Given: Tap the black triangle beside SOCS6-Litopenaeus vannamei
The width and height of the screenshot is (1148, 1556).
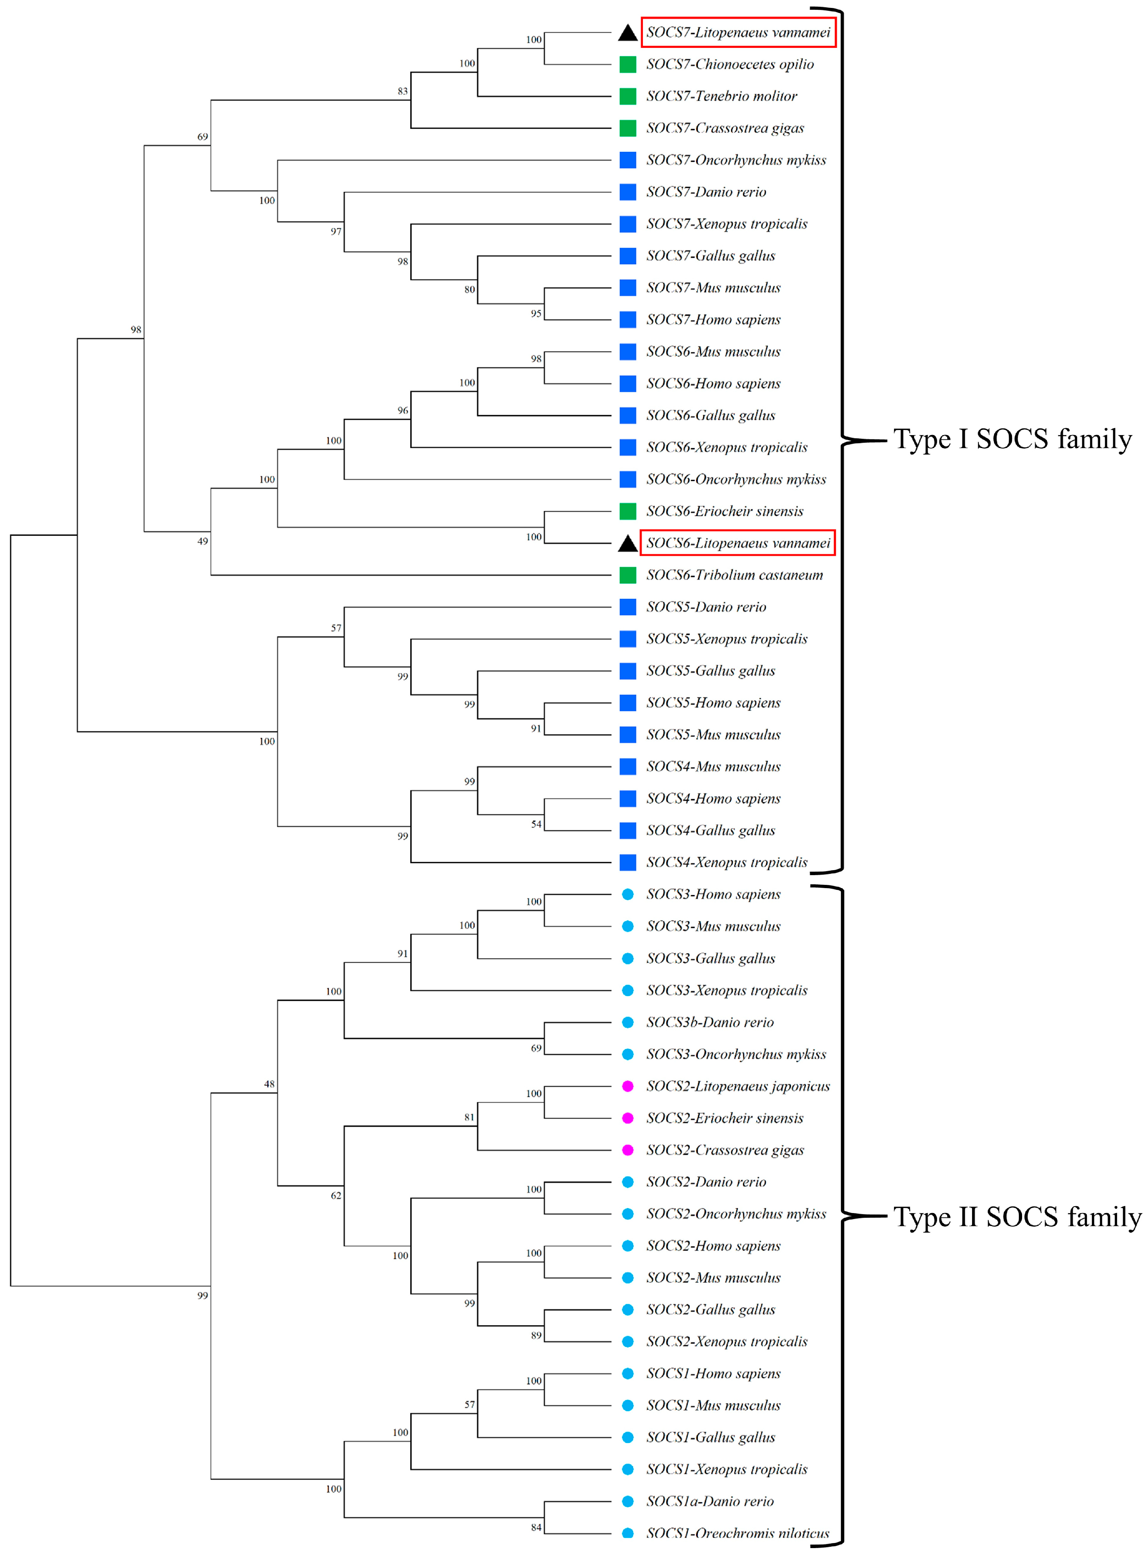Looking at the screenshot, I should point(627,543).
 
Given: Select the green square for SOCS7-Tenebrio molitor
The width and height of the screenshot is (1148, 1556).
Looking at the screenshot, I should point(627,96).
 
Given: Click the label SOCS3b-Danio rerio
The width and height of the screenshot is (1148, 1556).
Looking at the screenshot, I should point(709,1022).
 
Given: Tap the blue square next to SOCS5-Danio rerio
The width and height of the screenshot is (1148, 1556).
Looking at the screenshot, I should point(627,607).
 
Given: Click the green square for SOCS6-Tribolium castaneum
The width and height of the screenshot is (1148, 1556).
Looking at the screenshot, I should point(627,575).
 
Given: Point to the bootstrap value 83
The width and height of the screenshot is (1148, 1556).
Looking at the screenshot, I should point(402,91).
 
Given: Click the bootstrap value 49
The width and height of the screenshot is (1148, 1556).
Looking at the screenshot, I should point(202,541).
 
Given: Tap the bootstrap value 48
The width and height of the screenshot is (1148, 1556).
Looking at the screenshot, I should point(269,1084).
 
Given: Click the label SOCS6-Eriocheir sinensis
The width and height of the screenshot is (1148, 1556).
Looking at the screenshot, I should point(724,511).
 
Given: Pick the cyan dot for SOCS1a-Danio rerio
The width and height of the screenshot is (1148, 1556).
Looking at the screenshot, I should point(627,1501).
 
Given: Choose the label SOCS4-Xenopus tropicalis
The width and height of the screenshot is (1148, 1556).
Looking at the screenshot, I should point(726,863).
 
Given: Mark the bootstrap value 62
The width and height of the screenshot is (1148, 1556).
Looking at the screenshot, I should point(336,1195).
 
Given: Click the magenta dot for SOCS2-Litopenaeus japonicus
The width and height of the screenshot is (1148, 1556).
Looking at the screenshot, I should point(627,1086).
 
